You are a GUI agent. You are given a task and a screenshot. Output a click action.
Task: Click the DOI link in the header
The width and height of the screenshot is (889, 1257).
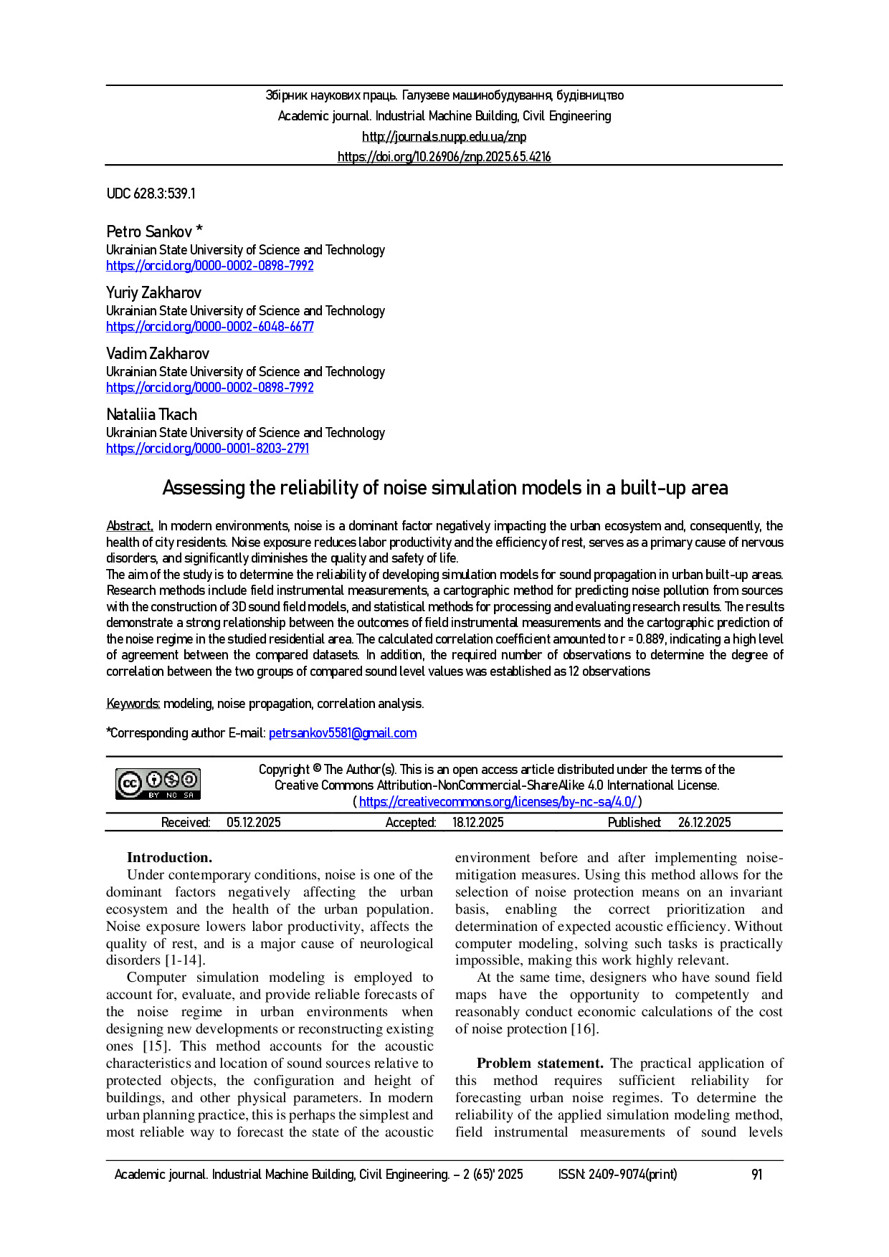click(444, 156)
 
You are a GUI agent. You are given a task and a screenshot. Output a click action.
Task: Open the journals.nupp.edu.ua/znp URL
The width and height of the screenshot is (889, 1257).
click(444, 136)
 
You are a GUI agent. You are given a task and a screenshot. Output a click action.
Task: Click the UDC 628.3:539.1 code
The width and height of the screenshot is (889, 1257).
click(151, 193)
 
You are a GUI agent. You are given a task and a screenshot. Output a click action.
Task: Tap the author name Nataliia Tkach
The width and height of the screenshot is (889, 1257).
click(151, 414)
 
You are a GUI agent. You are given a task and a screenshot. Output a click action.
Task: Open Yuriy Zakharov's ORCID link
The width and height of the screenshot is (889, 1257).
click(210, 327)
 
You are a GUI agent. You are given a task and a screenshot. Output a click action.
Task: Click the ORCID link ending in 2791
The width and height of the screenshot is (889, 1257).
click(207, 449)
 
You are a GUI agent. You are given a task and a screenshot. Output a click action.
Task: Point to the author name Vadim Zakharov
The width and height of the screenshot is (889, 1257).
click(158, 353)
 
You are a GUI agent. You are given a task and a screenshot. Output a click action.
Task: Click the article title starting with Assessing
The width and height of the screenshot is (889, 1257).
click(444, 487)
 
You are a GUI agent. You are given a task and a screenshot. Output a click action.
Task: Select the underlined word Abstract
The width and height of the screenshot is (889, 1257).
click(129, 526)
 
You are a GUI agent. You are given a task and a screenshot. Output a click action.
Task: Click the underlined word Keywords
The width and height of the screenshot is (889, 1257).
click(133, 704)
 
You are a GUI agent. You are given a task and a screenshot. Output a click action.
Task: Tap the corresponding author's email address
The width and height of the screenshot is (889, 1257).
click(342, 733)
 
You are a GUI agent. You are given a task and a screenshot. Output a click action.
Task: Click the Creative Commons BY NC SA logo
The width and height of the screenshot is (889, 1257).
click(158, 784)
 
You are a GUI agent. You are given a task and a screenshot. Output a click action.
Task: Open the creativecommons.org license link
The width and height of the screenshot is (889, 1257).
click(497, 802)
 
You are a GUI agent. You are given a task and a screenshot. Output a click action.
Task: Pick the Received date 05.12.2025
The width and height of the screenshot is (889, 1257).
click(254, 823)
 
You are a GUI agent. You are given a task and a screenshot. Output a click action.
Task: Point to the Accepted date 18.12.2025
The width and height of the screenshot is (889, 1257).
click(477, 823)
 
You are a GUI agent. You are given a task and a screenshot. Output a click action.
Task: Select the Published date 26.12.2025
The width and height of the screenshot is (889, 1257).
click(704, 823)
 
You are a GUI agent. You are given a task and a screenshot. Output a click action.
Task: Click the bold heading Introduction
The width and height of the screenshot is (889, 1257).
click(169, 858)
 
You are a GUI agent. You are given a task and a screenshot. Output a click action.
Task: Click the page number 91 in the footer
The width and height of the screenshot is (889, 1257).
click(756, 1175)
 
